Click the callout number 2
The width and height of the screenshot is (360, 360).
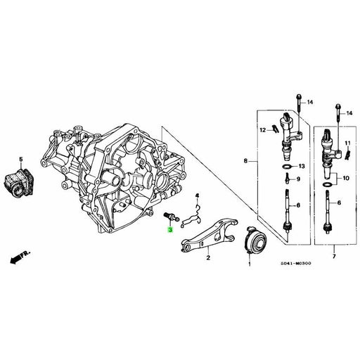coord(207,258)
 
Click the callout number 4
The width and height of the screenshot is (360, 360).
coord(198,195)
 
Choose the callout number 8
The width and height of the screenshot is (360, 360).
coord(245,162)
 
